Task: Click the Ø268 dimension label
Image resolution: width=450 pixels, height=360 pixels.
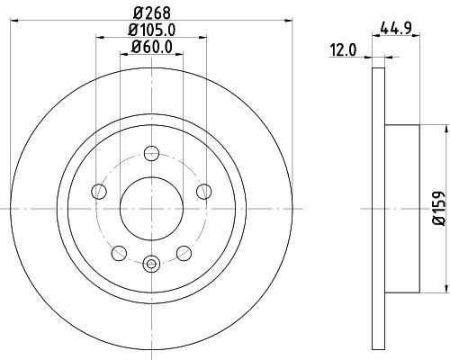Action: [x=151, y=13]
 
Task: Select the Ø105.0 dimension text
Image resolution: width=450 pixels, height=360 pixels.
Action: [x=151, y=30]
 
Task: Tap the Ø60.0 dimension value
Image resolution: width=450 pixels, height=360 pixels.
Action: [x=151, y=47]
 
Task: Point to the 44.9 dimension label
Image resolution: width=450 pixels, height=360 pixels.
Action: [x=396, y=28]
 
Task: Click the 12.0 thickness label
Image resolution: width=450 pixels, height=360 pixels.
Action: [x=343, y=50]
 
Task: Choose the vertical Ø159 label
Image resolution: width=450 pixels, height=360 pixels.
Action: [x=438, y=208]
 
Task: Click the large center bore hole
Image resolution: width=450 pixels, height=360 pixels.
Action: [x=151, y=209]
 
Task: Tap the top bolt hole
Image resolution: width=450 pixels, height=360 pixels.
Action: [x=151, y=153]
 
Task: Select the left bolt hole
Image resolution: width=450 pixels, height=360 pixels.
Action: [x=99, y=191]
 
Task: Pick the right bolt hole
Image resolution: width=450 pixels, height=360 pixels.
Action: [x=204, y=191]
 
